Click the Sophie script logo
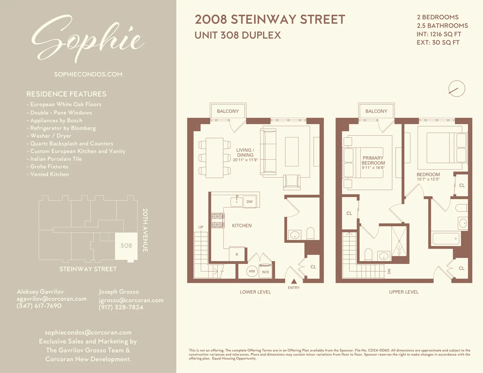pos(88,39)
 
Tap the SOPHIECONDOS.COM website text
pos(88,74)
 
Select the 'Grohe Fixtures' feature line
pos(49,166)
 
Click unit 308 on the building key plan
pos(126,246)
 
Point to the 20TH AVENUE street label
pos(145,230)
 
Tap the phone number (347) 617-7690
pos(39,306)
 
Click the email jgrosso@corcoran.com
pos(131,300)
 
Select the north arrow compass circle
pos(457,89)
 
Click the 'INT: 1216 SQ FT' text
pos(439,34)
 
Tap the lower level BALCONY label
pos(228,111)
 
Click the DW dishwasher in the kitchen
pos(250,202)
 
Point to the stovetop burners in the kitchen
pos(218,220)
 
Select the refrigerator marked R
pos(237,254)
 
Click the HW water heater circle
pos(252,271)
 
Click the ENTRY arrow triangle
pos(294,282)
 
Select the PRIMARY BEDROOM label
pos(373,161)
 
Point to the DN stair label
pos(389,271)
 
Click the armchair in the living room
pos(292,182)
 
